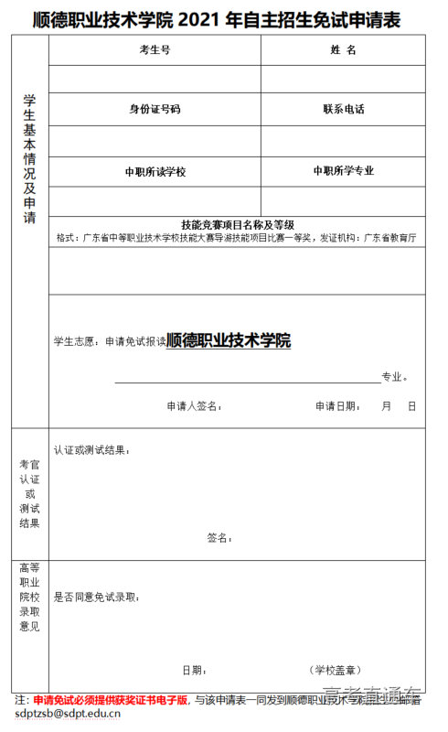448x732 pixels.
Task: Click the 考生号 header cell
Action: (x=155, y=49)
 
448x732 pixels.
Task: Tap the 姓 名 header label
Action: (x=343, y=49)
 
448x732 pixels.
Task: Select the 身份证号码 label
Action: (x=155, y=109)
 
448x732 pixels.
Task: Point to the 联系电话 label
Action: (x=343, y=109)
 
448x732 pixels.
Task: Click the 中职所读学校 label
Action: (x=155, y=171)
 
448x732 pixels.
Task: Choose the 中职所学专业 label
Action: (x=343, y=170)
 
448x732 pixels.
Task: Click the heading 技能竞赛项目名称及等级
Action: (x=237, y=224)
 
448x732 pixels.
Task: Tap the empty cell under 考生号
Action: (x=155, y=79)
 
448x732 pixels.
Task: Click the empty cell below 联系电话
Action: (x=343, y=140)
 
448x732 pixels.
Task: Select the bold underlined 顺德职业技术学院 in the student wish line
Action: (x=229, y=340)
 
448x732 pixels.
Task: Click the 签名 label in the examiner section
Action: (x=219, y=537)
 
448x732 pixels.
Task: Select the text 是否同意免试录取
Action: (x=96, y=597)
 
